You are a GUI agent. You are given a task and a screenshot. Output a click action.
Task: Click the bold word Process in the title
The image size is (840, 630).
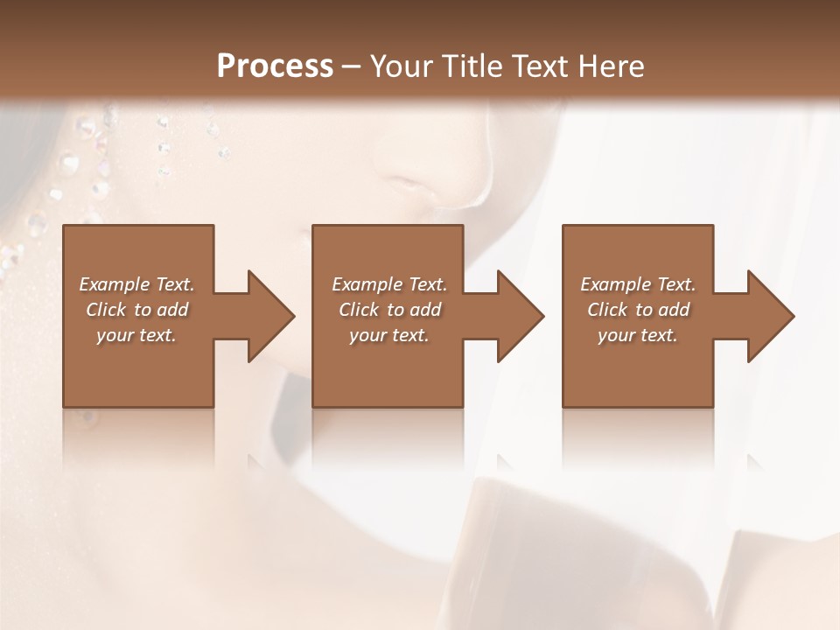click(275, 66)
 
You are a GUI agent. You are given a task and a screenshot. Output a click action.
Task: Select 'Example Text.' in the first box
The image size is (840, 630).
click(136, 284)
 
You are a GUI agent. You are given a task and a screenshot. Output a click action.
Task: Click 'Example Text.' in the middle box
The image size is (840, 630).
click(389, 284)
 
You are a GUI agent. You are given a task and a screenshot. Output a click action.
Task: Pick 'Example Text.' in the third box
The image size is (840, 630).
click(638, 284)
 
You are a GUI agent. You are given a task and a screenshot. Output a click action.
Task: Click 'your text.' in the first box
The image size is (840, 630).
click(136, 335)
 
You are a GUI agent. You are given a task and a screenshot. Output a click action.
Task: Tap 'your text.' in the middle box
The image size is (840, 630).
click(389, 335)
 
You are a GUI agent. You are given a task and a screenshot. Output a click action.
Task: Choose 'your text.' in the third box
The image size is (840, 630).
click(638, 335)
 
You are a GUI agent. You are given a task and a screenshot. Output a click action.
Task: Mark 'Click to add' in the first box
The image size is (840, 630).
click(136, 310)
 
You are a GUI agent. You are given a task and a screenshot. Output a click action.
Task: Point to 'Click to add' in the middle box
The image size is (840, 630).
click(389, 310)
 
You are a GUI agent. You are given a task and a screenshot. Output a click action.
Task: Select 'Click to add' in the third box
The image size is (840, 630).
click(638, 310)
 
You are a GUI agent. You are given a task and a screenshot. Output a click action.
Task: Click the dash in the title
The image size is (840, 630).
click(351, 67)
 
